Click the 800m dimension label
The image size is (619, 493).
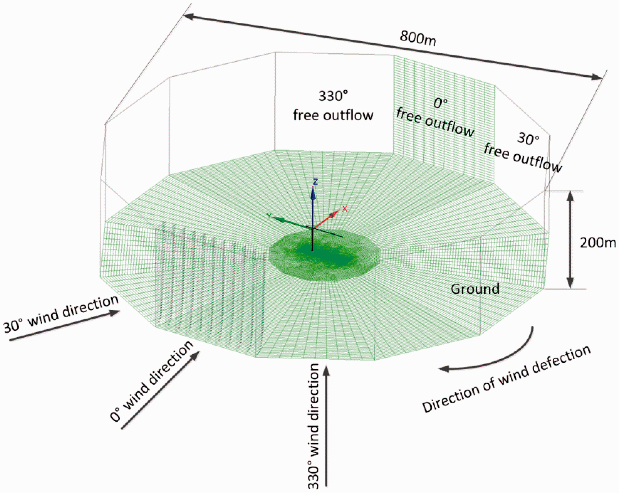click(418, 38)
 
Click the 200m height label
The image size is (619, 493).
click(598, 243)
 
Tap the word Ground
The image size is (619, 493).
click(475, 289)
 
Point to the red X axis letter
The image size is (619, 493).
click(345, 209)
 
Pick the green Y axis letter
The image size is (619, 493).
click(269, 216)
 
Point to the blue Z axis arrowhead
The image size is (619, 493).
click(313, 194)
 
